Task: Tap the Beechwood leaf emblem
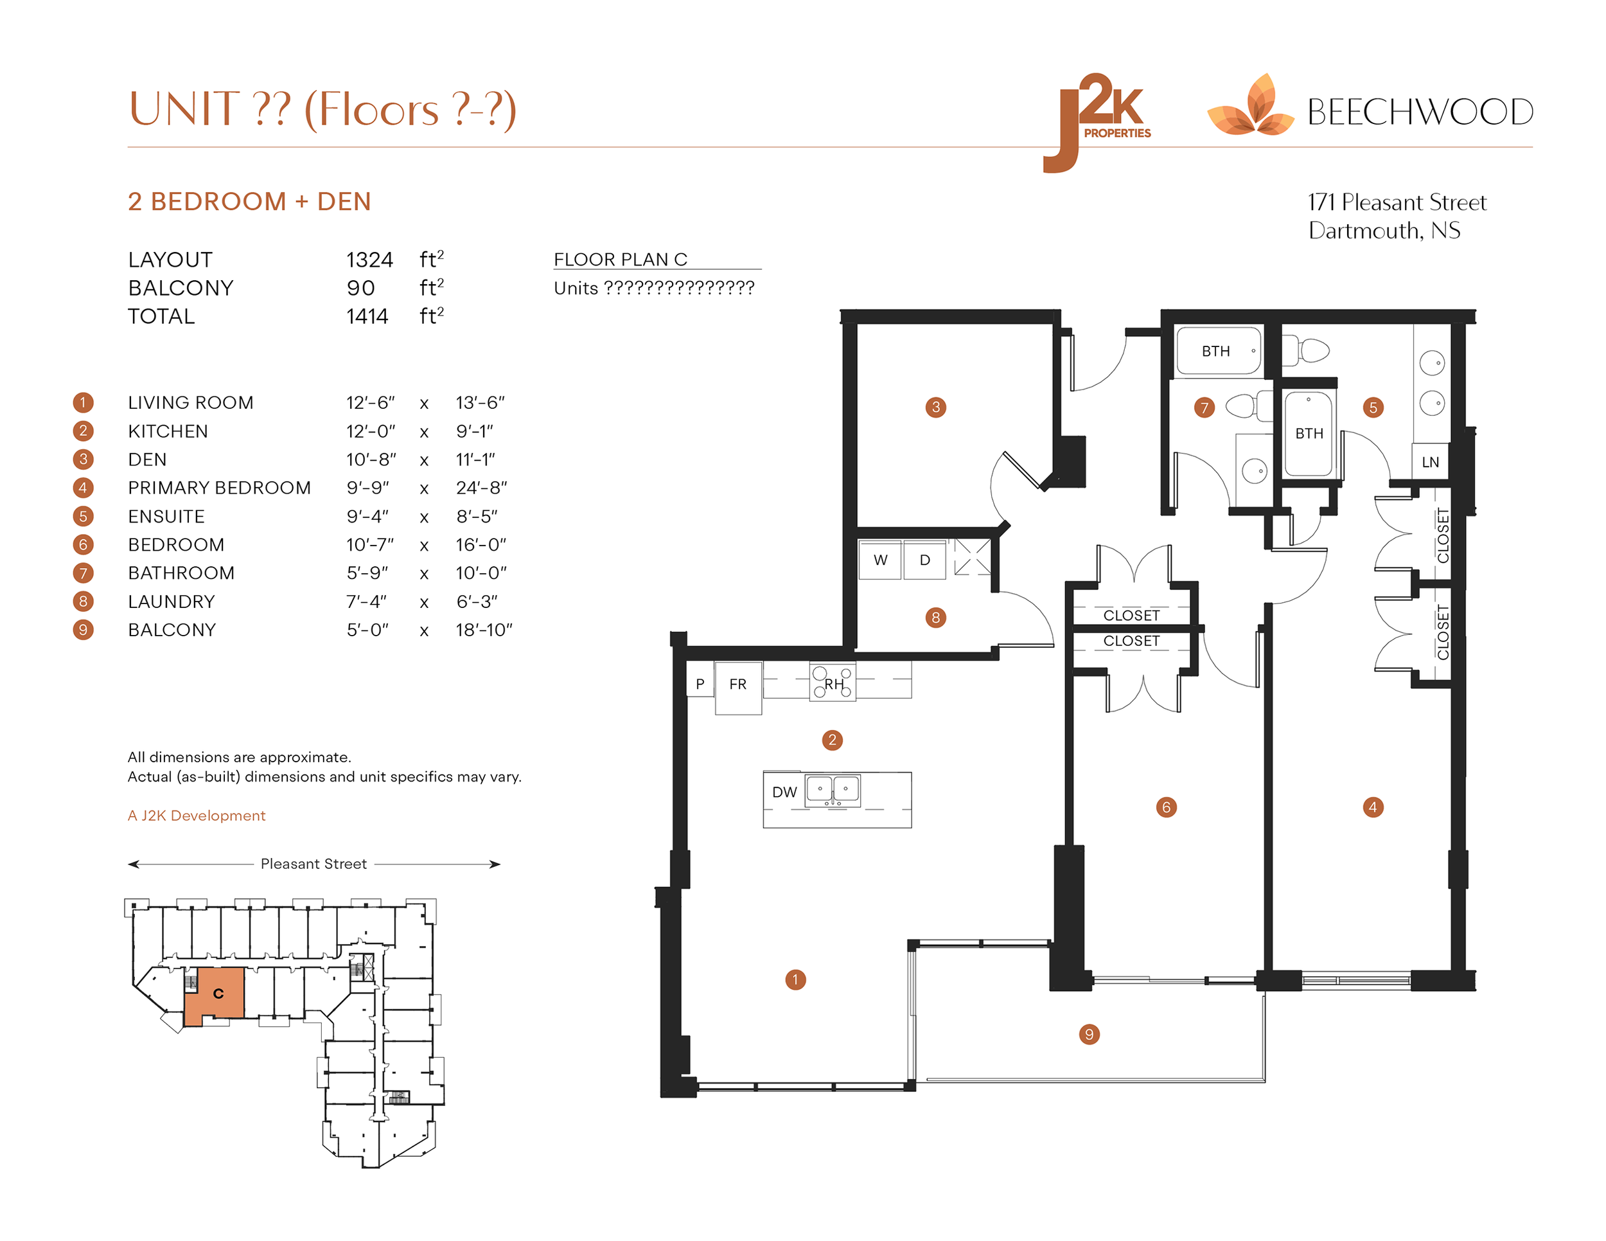(x=1251, y=109)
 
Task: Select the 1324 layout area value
(x=369, y=260)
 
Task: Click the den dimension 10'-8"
(x=371, y=459)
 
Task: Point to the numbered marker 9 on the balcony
(x=1088, y=1034)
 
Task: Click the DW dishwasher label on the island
(x=784, y=792)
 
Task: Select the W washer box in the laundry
(x=880, y=560)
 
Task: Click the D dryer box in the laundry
(x=924, y=560)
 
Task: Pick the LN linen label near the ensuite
(x=1429, y=462)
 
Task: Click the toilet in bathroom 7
(x=1245, y=406)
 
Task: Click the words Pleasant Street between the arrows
(x=313, y=864)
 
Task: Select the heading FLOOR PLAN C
(x=620, y=260)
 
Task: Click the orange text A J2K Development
(x=197, y=815)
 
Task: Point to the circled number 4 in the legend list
(x=83, y=488)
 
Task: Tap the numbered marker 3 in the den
(x=935, y=407)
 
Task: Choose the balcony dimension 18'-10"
(x=483, y=630)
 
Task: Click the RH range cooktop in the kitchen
(x=833, y=683)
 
